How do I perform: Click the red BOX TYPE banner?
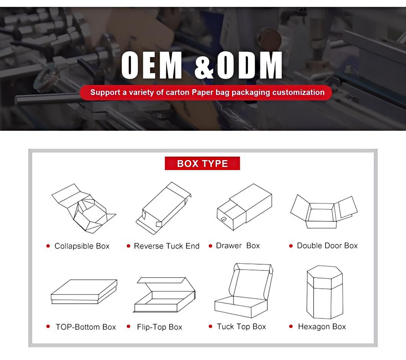pos(202,164)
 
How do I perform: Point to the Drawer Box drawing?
pos(244,207)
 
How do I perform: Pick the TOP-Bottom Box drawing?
pos(84,291)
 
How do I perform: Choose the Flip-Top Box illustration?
pos(164,295)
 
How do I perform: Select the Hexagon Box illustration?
pos(325,292)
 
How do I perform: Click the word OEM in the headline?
pos(152,65)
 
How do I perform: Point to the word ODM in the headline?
pos(249,65)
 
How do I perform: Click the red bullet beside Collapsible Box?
pos(48,246)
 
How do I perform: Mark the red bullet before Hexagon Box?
pos(291,326)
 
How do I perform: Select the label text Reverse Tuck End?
pos(167,246)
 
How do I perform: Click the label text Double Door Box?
pos(327,245)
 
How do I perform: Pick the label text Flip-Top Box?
pos(159,327)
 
